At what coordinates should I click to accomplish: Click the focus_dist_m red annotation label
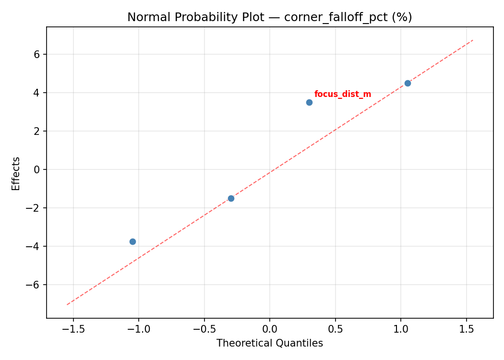(x=343, y=95)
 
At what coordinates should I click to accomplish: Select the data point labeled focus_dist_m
(x=309, y=102)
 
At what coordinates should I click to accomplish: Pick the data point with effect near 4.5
(x=408, y=83)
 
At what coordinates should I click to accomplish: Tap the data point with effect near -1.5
(x=231, y=198)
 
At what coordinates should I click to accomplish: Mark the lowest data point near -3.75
(x=132, y=241)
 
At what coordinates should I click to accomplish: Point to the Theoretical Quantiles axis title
(x=269, y=343)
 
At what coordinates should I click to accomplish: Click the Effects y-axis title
(x=16, y=173)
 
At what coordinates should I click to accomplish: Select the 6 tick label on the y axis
(x=36, y=54)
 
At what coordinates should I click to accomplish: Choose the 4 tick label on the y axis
(x=36, y=93)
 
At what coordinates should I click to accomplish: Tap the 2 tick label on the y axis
(x=36, y=131)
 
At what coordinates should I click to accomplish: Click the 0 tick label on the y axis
(x=36, y=169)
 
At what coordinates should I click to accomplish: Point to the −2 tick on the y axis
(x=34, y=208)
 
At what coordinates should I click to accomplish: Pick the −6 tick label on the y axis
(x=34, y=285)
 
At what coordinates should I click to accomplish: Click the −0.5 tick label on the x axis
(x=204, y=329)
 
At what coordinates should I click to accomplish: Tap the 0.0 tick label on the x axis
(x=270, y=329)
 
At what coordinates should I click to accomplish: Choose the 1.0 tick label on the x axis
(x=401, y=329)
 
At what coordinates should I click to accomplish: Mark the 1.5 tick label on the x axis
(x=466, y=329)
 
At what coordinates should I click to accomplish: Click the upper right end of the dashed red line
(x=473, y=40)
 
